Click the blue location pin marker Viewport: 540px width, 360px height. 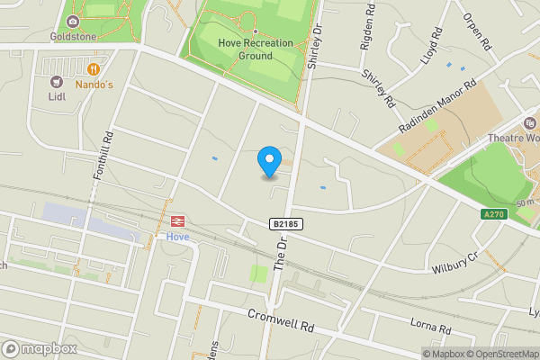268,162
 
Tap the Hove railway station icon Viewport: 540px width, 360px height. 177,220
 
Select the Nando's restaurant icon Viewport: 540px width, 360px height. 94,69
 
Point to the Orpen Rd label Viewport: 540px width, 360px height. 477,31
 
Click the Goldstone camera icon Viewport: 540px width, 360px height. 72,22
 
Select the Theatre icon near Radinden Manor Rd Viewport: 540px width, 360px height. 531,123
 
